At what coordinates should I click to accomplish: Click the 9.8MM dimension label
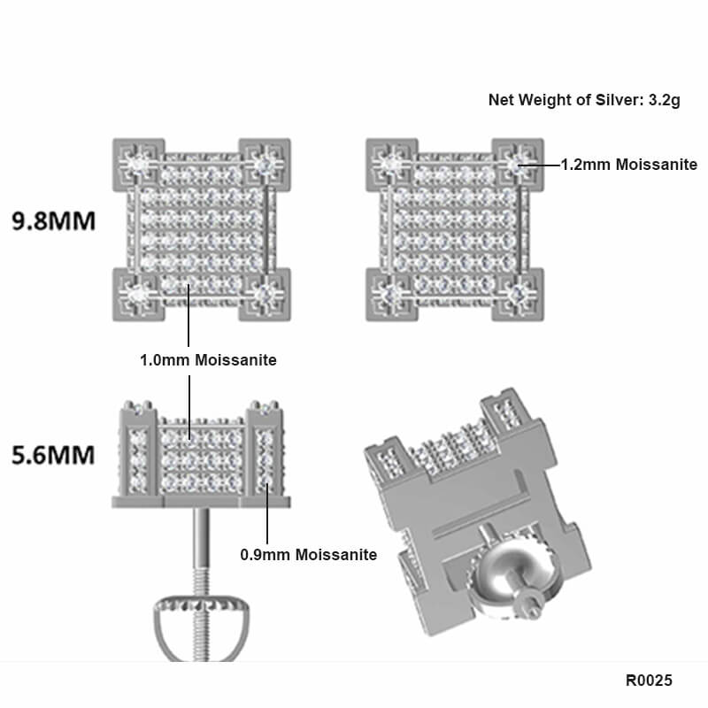[52, 220]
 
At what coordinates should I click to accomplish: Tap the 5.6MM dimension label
[52, 456]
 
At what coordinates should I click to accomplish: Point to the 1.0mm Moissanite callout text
[208, 360]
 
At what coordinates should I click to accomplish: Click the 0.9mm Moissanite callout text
[309, 555]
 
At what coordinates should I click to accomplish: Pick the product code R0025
[649, 681]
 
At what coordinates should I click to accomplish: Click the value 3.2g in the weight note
[664, 100]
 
